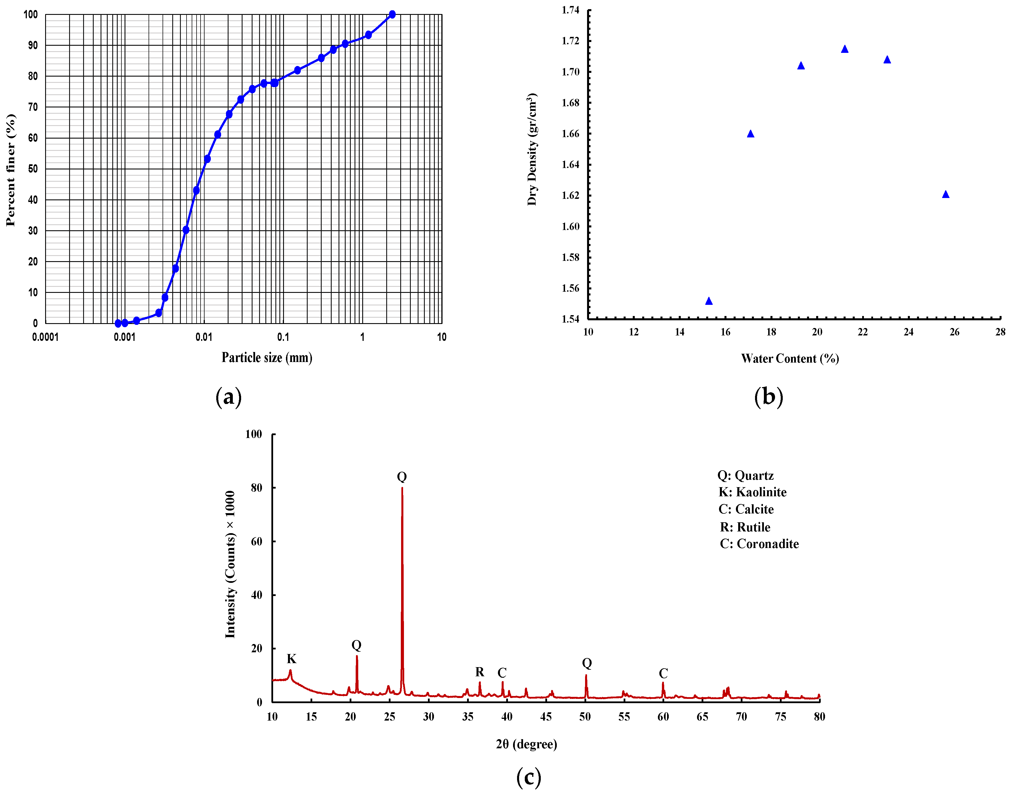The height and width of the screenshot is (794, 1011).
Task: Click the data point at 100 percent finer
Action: tap(392, 14)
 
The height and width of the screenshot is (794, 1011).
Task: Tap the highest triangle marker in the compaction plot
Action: tap(844, 49)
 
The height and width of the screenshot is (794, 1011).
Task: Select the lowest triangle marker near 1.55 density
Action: tap(708, 301)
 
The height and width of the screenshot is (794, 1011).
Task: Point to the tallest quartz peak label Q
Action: tap(402, 477)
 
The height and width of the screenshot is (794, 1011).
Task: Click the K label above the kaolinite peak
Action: tap(291, 659)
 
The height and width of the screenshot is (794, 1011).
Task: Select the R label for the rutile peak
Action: tap(480, 672)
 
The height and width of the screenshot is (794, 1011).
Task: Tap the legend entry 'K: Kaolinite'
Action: tap(752, 492)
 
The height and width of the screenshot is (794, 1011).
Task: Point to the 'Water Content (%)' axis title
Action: tap(789, 358)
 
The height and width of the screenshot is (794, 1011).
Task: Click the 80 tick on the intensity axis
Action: tap(256, 488)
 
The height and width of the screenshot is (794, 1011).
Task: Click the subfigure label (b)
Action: tap(768, 397)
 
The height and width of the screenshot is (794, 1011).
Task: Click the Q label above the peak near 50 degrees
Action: tap(586, 663)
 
